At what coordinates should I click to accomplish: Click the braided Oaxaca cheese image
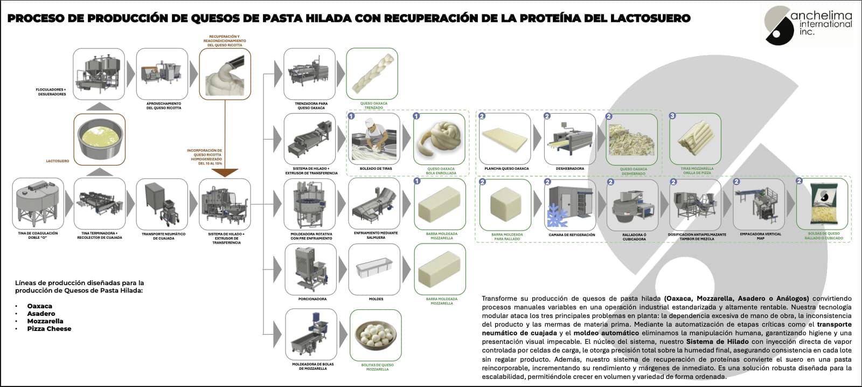point(372,74)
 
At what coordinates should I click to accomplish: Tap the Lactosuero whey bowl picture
point(99,140)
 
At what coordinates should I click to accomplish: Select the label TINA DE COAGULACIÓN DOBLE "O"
point(38,236)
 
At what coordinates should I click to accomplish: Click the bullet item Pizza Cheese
point(49,328)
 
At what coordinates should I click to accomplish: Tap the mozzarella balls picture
point(376,335)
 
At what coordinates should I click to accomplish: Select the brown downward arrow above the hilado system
point(225,172)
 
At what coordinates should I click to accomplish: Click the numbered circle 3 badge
point(672,116)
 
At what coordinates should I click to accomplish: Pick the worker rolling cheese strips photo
point(376,139)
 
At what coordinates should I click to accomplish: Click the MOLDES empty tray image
point(376,269)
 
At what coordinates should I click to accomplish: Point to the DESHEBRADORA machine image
point(569,139)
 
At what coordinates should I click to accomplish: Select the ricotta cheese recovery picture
point(225,74)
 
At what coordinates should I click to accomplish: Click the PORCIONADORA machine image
point(310,269)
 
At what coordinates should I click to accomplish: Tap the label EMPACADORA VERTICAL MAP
point(760,236)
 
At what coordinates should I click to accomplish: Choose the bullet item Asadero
point(41,313)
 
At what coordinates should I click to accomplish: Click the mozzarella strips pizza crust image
point(695,139)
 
